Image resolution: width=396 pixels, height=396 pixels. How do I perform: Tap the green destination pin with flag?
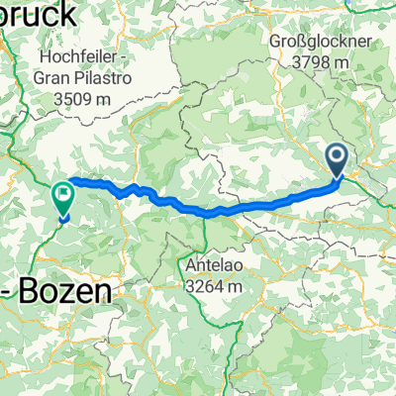[x=63, y=199]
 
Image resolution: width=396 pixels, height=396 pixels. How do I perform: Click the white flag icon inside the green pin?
[x=63, y=194]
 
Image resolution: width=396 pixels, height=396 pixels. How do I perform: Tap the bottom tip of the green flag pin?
[x=63, y=220]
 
